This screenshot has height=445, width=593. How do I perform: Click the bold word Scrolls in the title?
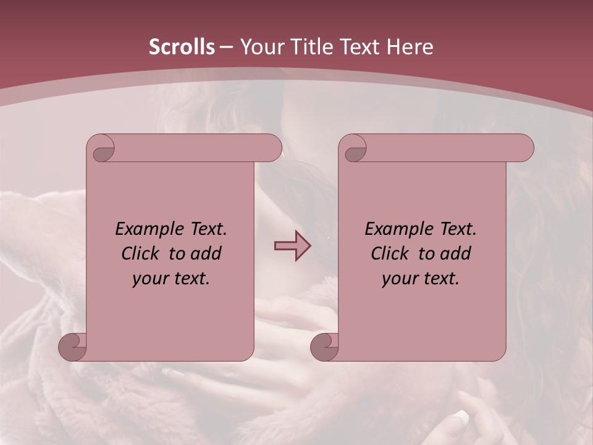[x=182, y=46]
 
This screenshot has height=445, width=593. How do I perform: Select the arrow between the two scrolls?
[x=292, y=246]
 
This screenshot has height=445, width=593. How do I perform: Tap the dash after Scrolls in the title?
[x=226, y=48]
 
